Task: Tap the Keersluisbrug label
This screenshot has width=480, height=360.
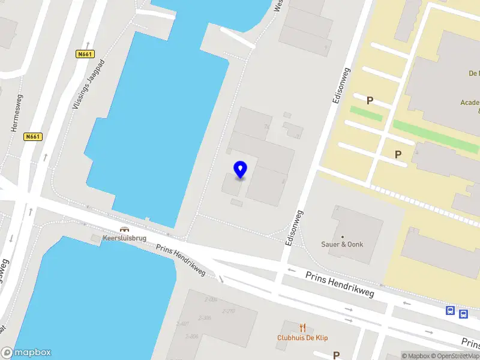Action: [x=125, y=238]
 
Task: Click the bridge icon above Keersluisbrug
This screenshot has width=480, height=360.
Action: [x=125, y=229]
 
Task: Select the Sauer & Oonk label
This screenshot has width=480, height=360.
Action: [x=343, y=244]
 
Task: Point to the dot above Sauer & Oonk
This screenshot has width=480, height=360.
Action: [x=343, y=236]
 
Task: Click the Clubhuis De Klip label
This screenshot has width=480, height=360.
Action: [x=302, y=338]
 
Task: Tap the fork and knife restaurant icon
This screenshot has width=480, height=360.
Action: [x=302, y=328]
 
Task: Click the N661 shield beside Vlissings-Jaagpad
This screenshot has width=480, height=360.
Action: [x=85, y=54]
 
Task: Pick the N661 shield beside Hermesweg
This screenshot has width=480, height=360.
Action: [x=33, y=137]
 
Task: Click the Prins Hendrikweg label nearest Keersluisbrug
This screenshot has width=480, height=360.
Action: [x=181, y=261]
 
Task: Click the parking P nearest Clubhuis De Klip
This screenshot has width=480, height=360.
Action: [x=337, y=355]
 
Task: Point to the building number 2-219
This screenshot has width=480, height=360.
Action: [x=228, y=311]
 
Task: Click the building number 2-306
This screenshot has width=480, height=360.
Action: [x=205, y=318]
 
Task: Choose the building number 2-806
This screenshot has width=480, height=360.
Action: [x=192, y=336]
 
